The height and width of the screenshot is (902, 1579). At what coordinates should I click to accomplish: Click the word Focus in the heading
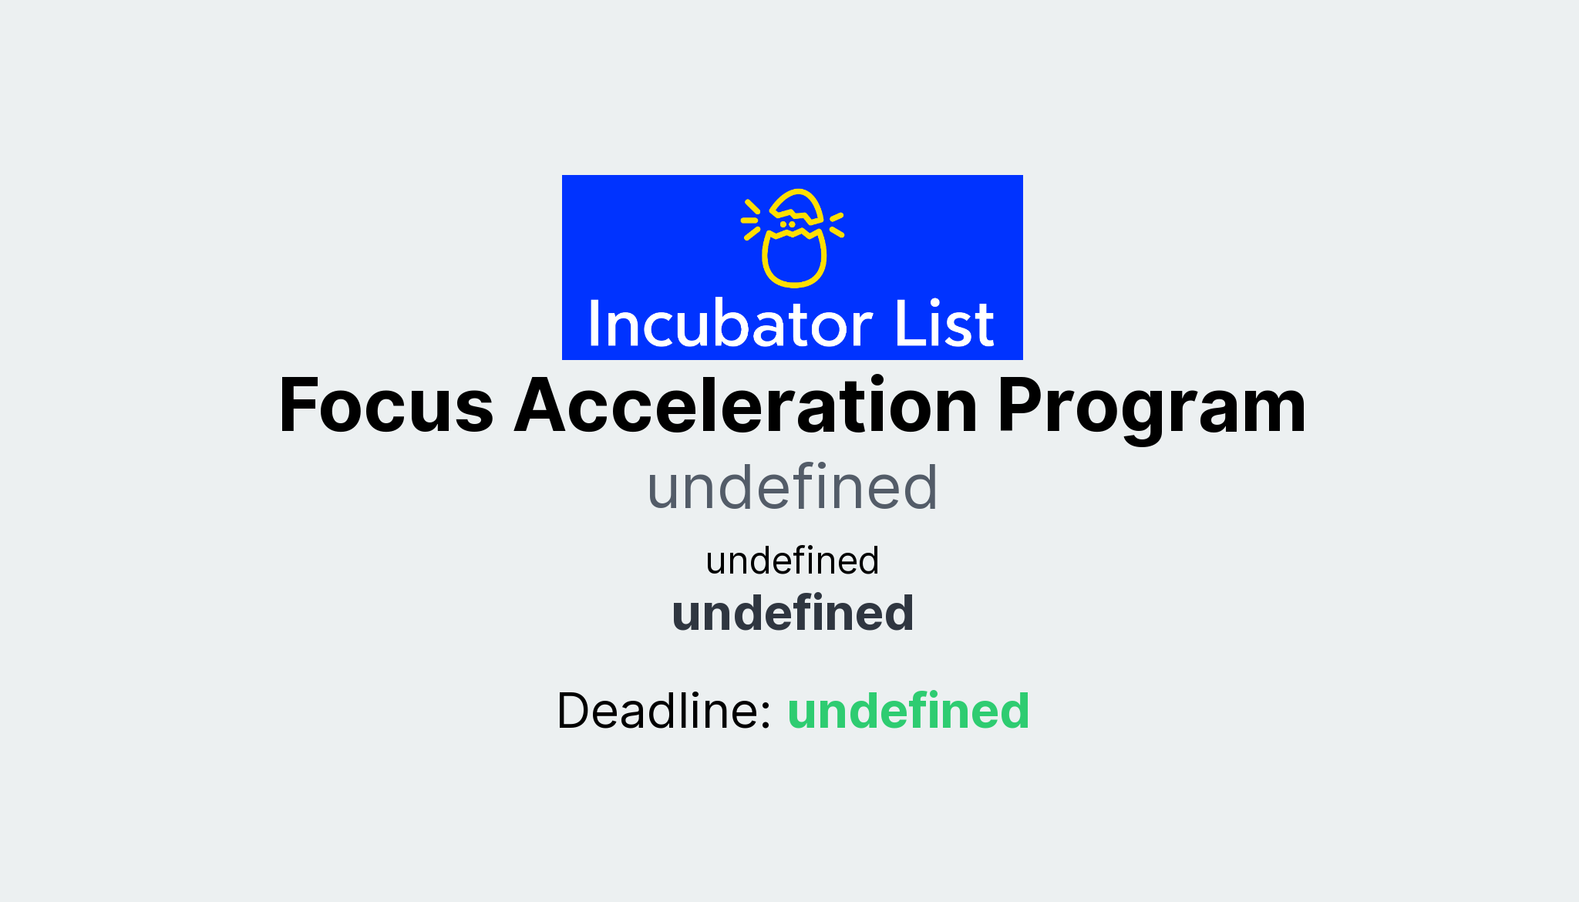click(385, 406)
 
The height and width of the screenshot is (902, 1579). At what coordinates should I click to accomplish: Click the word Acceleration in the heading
click(746, 406)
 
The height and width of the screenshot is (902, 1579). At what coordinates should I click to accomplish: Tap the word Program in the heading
click(1151, 406)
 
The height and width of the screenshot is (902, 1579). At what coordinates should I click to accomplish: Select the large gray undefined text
click(792, 488)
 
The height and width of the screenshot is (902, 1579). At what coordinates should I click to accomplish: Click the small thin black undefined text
click(792, 560)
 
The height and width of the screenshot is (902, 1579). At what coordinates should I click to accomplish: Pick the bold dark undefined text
click(792, 614)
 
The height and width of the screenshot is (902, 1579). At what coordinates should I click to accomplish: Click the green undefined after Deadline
click(907, 711)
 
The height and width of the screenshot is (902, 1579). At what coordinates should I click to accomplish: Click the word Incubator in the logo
click(729, 325)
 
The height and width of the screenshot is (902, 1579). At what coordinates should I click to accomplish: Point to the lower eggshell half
click(794, 260)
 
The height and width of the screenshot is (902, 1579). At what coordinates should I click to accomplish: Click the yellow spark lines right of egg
click(837, 224)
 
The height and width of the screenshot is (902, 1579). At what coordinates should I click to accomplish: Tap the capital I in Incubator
click(594, 325)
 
